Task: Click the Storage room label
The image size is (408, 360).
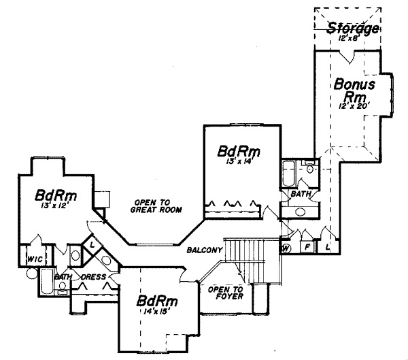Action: (x=352, y=29)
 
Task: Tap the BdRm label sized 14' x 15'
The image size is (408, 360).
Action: (x=158, y=301)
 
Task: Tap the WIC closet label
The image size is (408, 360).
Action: (x=34, y=260)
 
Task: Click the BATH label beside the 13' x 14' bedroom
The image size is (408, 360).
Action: (x=301, y=194)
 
